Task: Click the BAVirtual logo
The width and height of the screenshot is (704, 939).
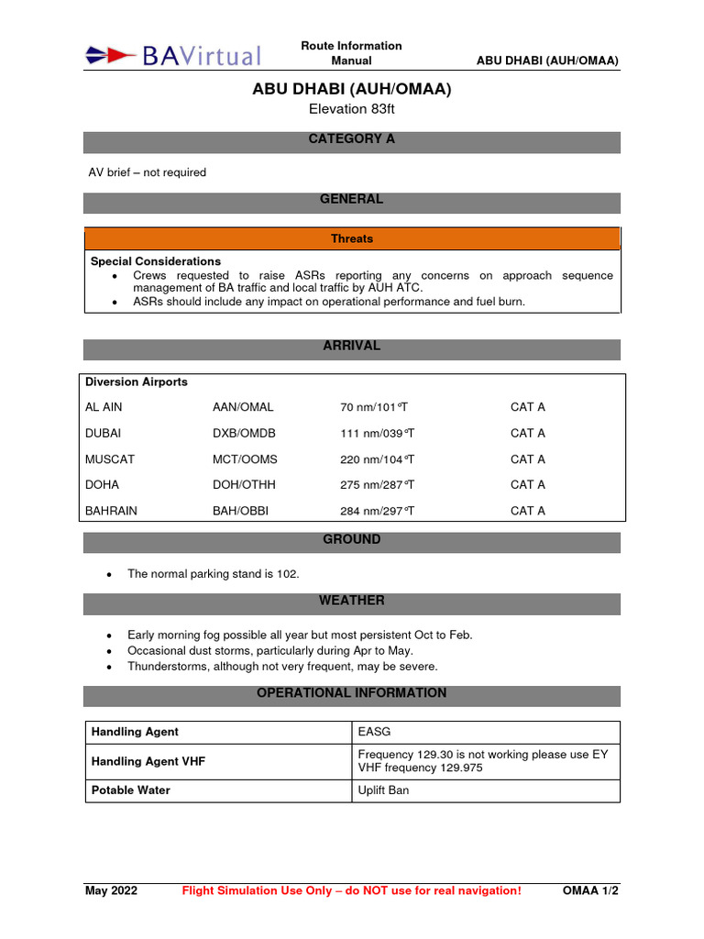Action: [x=173, y=55]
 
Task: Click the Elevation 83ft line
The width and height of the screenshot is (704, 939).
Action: [x=352, y=109]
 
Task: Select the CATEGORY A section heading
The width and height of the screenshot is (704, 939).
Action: [x=352, y=139]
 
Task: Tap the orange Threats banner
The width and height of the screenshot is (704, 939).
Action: [x=352, y=238]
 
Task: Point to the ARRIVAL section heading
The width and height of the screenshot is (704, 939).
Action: [x=352, y=347]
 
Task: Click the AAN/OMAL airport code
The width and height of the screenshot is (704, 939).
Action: [x=243, y=407]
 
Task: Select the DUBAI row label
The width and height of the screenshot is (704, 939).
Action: [x=104, y=433]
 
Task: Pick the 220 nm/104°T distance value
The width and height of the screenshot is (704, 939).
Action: [x=378, y=459]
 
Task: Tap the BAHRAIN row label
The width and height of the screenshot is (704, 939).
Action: [x=111, y=511]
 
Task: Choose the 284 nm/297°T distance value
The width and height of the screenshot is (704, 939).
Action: [x=378, y=511]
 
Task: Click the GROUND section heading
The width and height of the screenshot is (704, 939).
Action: [x=352, y=540]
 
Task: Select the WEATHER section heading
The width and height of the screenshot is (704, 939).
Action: [x=352, y=601]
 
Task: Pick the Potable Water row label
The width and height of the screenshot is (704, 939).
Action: [x=130, y=790]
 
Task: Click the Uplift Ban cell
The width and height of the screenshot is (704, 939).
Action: [x=383, y=790]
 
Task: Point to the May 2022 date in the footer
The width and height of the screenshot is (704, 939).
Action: [x=111, y=891]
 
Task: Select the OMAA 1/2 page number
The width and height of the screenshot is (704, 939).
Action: [x=590, y=891]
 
